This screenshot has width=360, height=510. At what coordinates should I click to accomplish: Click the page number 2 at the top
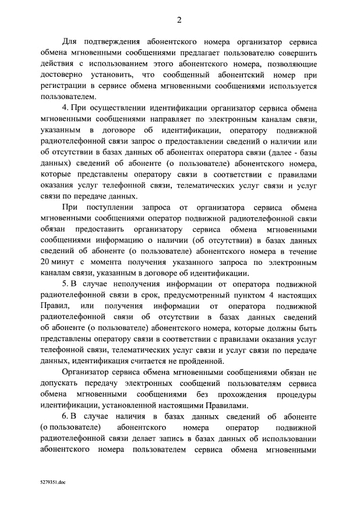[179, 20]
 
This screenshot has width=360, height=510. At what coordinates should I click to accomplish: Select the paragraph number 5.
[65, 284]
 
